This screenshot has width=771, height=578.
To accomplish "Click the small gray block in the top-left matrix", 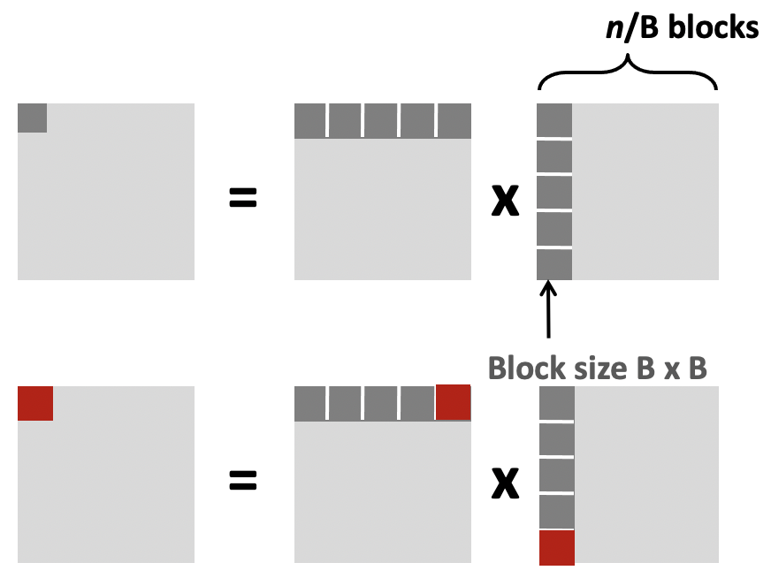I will pyautogui.click(x=32, y=118).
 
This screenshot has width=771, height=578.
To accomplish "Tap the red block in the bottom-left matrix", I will pyautogui.click(x=35, y=403).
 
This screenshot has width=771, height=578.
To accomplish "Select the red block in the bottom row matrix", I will pyautogui.click(x=454, y=402).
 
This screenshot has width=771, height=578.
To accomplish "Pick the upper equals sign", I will pyautogui.click(x=242, y=200).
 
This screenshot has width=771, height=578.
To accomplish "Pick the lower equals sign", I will pyautogui.click(x=242, y=481).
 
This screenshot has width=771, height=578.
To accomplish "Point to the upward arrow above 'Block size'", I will pyautogui.click(x=549, y=309).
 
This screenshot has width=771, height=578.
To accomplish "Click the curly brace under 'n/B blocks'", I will pyautogui.click(x=628, y=71).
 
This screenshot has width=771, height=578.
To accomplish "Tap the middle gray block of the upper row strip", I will pyautogui.click(x=382, y=121).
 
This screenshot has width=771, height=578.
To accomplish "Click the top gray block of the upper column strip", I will pyautogui.click(x=554, y=120).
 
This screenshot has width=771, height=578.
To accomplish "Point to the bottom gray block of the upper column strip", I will pyautogui.click(x=554, y=265).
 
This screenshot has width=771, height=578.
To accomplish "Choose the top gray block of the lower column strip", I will pyautogui.click(x=557, y=403).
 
